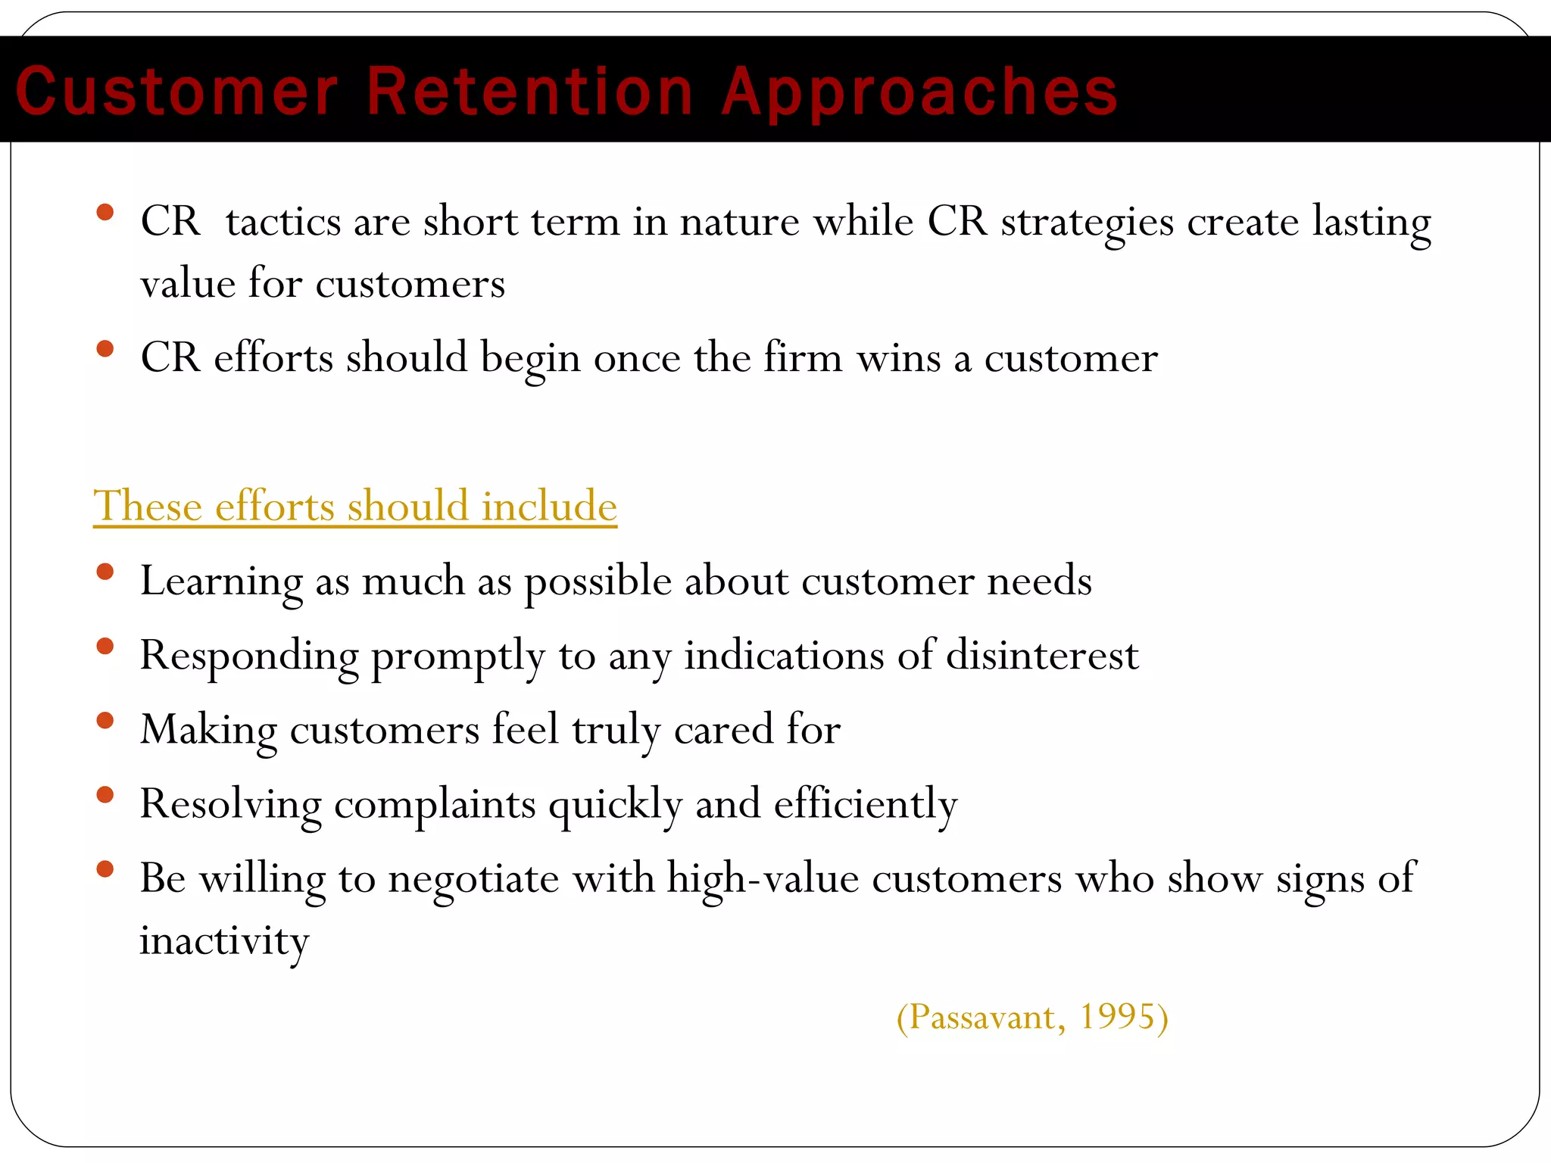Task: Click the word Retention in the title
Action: pos(529,92)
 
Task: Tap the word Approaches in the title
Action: pos(919,92)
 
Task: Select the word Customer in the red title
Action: pos(176,92)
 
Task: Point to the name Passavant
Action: pos(982,1017)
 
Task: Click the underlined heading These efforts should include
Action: pos(354,505)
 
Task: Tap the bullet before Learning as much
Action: pos(105,572)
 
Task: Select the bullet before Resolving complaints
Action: pos(105,794)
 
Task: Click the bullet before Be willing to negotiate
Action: pos(105,868)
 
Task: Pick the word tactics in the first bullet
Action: pos(283,222)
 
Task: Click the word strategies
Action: pos(1087,223)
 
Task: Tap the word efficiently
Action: pos(866,804)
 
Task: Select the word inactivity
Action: pos(224,941)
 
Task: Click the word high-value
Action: pos(763,879)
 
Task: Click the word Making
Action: pos(209,731)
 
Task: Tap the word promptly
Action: pos(457,656)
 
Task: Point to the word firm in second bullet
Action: pos(803,357)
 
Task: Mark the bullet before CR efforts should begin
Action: pos(105,349)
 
